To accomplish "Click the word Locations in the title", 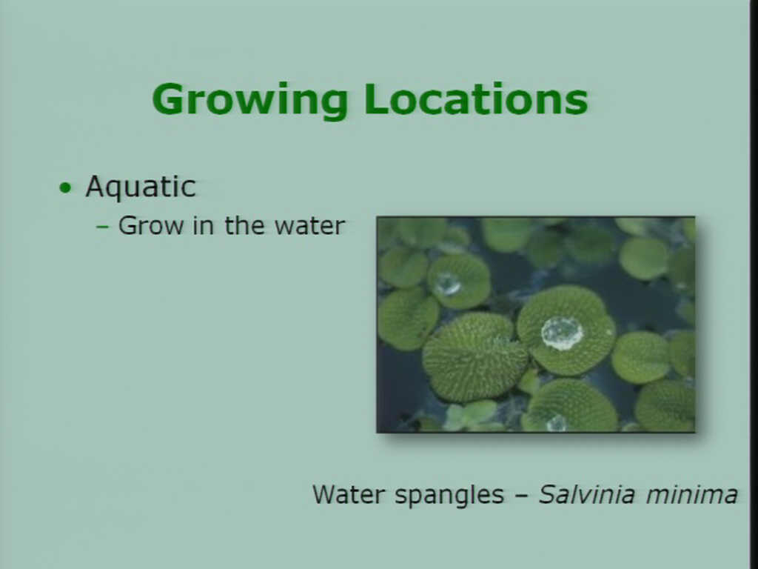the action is (476, 99).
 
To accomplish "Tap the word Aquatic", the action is (141, 187).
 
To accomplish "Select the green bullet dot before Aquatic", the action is (65, 187).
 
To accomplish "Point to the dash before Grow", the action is (102, 226).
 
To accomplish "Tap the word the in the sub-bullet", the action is (244, 225).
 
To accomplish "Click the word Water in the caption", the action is (348, 494).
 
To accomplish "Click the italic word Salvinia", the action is (586, 494).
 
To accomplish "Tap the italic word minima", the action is (692, 494).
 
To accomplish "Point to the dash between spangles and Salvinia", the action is (520, 496).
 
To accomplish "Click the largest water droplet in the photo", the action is (562, 333).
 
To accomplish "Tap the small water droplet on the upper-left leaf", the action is (447, 284).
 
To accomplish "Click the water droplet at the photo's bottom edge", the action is (557, 423).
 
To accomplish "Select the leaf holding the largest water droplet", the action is (566, 330).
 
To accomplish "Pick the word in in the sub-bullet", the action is (203, 225).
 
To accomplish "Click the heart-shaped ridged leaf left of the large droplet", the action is (474, 357).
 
